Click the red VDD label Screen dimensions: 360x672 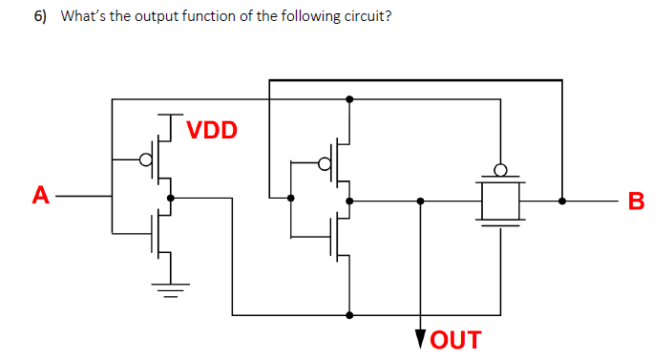(211, 130)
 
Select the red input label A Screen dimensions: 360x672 (39, 197)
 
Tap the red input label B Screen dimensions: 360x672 (637, 201)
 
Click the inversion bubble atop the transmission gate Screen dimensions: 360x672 (499, 172)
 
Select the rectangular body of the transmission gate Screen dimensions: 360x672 (499, 201)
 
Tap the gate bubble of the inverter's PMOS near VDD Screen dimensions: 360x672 (147, 159)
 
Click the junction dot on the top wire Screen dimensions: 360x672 (349, 99)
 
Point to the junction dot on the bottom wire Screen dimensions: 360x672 (349, 315)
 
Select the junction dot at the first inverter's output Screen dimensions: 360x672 (170, 199)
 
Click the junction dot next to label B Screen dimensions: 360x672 (561, 201)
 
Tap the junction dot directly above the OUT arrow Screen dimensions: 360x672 (421, 201)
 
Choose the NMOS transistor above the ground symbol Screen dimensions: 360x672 (160, 234)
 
